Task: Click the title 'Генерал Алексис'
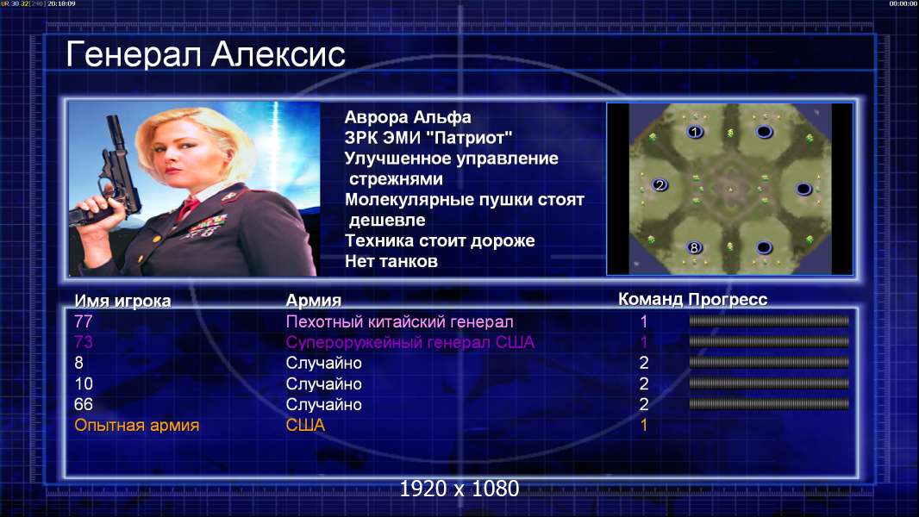(206, 54)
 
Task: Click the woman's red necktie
(188, 207)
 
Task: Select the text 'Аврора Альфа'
(407, 118)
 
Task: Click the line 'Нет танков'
(391, 261)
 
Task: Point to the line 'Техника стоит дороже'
(440, 240)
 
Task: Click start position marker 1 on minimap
(695, 132)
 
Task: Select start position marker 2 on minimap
(660, 185)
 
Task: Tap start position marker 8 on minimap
(694, 247)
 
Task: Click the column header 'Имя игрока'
(122, 301)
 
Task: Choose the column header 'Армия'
(313, 301)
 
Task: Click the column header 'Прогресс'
(728, 299)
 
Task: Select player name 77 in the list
(84, 321)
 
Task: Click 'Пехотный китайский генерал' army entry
(399, 321)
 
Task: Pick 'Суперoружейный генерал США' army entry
(409, 342)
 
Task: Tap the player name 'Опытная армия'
(136, 425)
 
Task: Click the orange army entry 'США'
(305, 425)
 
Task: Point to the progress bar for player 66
(769, 403)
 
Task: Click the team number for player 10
(643, 383)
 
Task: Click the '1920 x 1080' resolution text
(459, 489)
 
